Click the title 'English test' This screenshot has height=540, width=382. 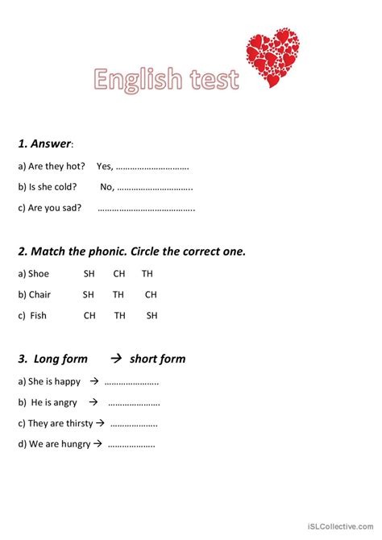click(166, 80)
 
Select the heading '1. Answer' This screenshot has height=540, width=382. click(45, 144)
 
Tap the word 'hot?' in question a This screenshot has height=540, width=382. click(76, 166)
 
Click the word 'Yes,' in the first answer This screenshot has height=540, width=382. click(105, 166)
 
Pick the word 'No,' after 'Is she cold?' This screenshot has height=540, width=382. click(107, 187)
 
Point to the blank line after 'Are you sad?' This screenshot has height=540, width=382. click(146, 209)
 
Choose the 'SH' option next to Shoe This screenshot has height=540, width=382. click(89, 274)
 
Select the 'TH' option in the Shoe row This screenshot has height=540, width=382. click(147, 274)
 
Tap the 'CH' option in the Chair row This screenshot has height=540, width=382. click(151, 295)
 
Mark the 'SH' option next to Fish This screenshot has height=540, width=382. click(152, 316)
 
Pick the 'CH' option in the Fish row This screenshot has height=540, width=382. click(89, 316)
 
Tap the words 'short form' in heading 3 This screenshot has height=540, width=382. click(157, 359)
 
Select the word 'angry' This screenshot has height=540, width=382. click(64, 402)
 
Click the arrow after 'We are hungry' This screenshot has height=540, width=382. click(98, 443)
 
